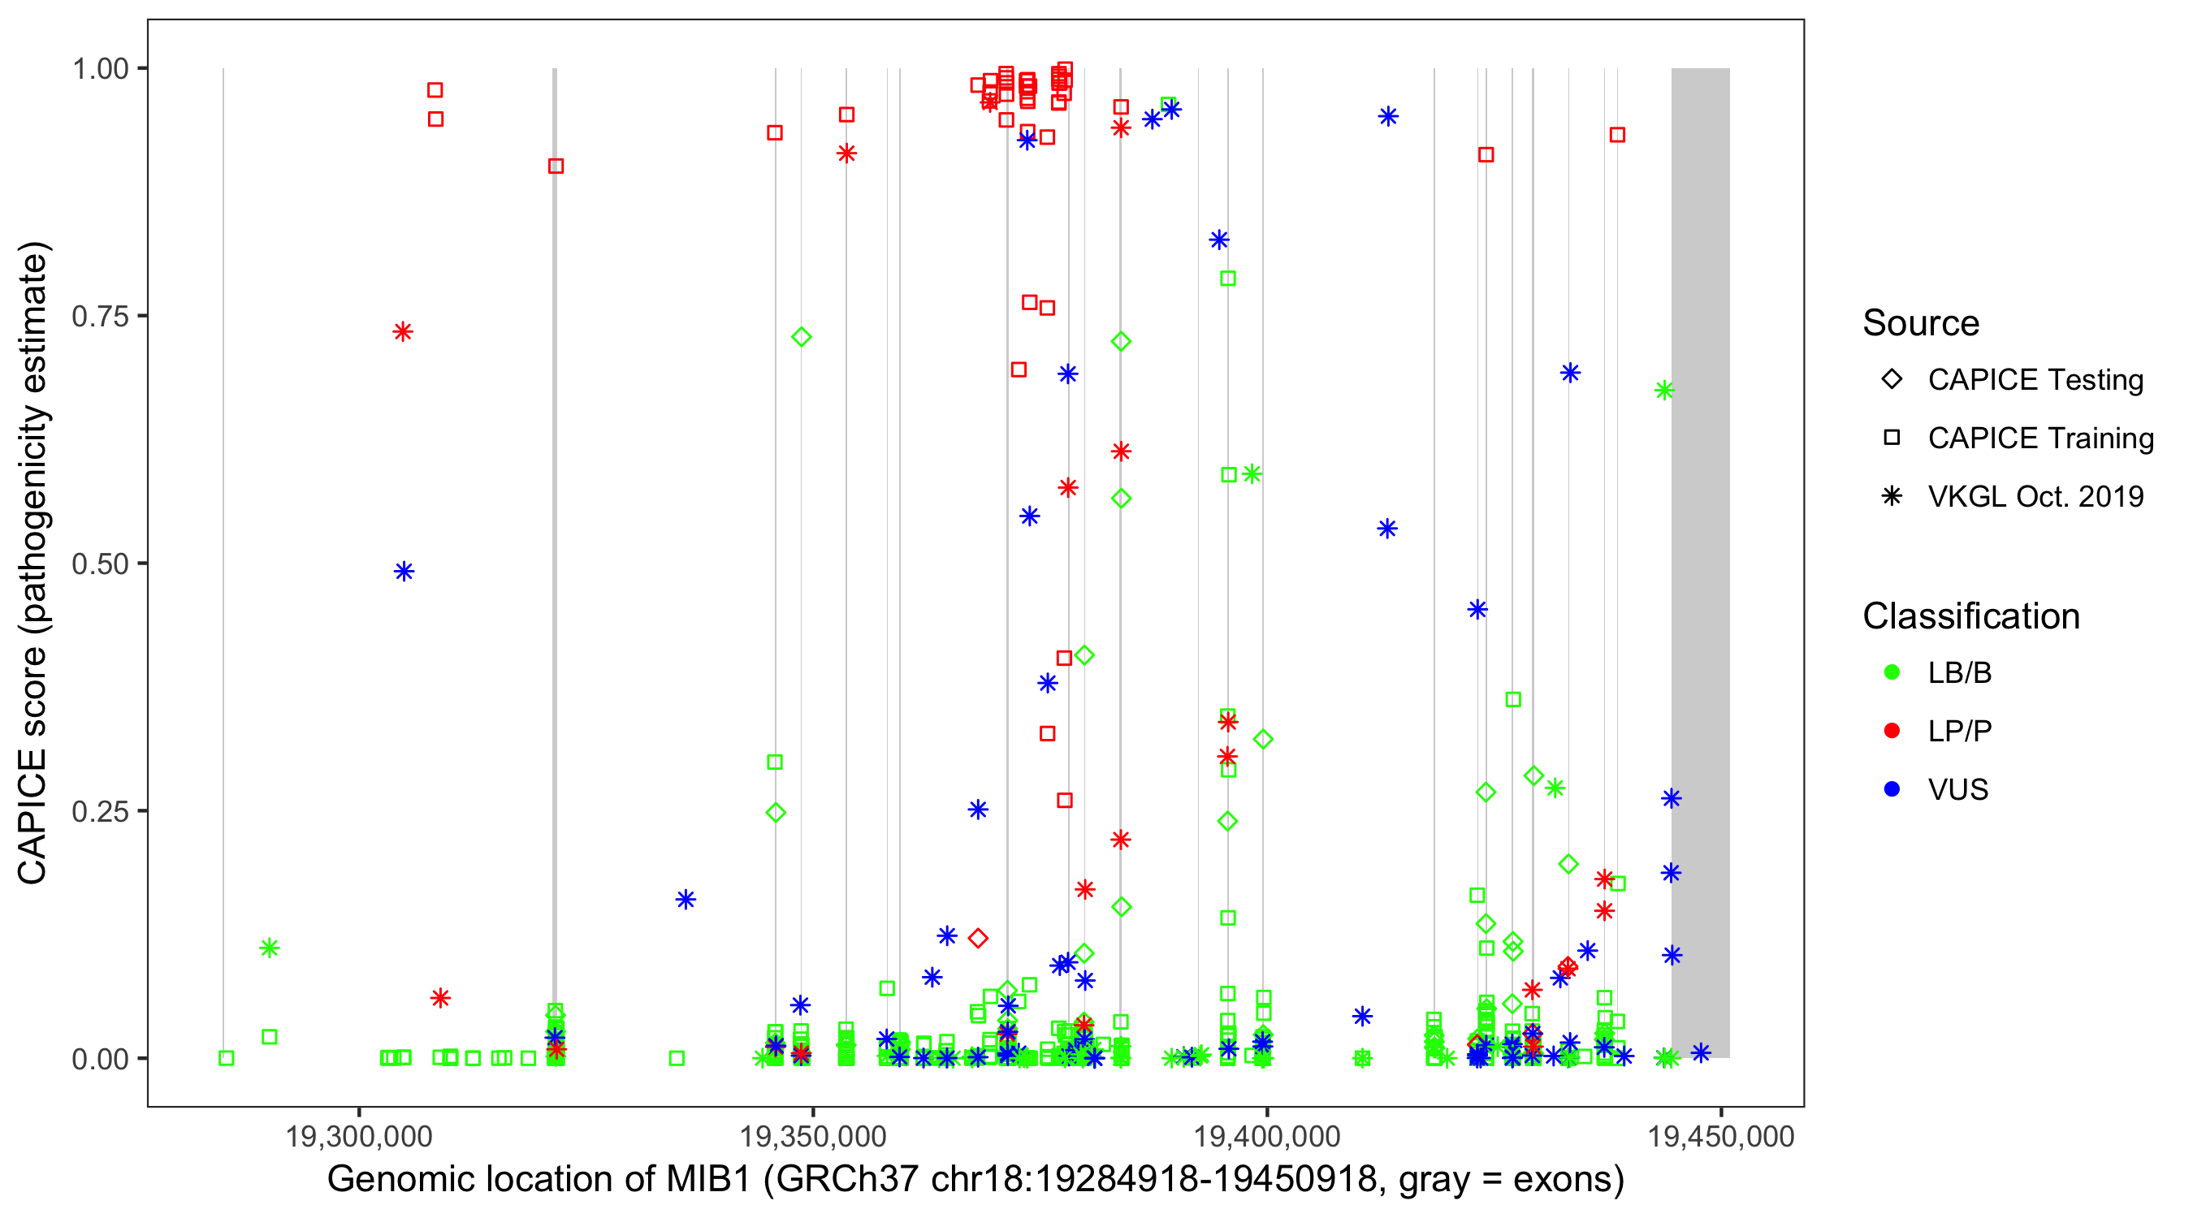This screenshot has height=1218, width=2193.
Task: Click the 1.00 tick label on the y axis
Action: coord(99,69)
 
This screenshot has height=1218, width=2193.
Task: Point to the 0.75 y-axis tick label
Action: coord(99,317)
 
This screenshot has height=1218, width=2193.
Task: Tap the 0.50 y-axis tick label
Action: coord(99,564)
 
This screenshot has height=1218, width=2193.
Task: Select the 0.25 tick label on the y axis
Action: coord(99,811)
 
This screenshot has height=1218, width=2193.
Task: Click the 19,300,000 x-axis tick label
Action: coord(358,1137)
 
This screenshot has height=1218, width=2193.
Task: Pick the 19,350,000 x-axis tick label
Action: coord(813,1137)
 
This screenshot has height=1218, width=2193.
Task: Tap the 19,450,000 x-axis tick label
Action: coord(1720,1137)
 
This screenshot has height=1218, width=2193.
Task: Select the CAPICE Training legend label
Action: coord(2039,438)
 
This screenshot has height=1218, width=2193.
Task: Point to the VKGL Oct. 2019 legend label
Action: coord(2035,497)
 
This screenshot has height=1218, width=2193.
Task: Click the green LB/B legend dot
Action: coord(1892,672)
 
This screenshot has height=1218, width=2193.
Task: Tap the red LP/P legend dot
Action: coord(1892,731)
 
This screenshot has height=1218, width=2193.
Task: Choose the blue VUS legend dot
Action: coord(1892,790)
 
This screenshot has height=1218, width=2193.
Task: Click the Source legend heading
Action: coord(1921,323)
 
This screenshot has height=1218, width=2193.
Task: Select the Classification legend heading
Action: coord(1970,616)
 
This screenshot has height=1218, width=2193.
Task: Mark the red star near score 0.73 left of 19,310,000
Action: coord(403,332)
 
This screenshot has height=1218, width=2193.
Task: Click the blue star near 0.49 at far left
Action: coord(404,571)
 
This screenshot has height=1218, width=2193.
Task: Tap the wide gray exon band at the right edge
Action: coord(1700,562)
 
